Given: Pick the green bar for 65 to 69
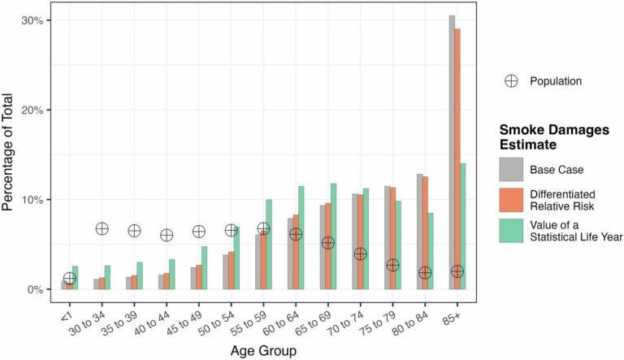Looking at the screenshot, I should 333,236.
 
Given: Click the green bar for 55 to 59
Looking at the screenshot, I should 268,244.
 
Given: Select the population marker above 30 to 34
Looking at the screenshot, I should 102,229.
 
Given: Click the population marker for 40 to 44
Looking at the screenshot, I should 167,235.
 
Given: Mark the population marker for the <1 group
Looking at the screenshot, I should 70,278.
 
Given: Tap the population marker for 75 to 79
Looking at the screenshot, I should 392,265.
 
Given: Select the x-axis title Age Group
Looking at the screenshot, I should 262,351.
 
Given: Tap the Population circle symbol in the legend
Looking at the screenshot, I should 511,80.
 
